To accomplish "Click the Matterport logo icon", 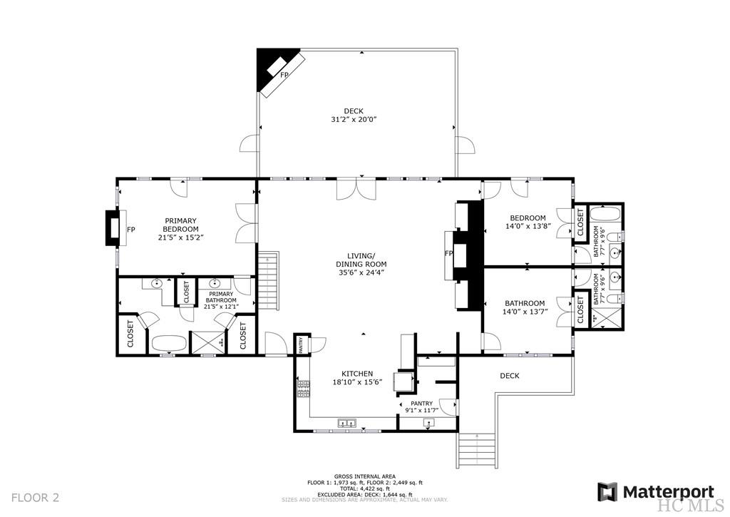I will tap(608, 492).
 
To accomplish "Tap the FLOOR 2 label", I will tap(36, 497).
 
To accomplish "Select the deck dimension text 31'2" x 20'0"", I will tap(354, 120).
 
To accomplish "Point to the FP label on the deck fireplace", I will tap(284, 75).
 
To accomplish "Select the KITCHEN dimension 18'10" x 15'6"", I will tap(357, 382).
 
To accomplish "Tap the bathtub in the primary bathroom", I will tap(168, 343).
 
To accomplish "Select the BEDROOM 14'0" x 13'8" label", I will tap(528, 222).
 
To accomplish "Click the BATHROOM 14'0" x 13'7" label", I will tap(525, 307).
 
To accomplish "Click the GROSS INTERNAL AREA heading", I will tap(364, 476).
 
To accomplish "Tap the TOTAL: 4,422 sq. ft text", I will tap(364, 488).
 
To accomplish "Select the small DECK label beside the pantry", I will tap(510, 376).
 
